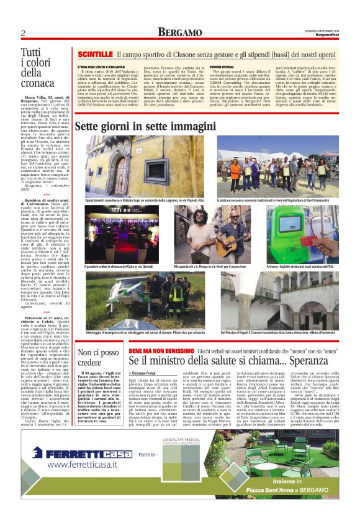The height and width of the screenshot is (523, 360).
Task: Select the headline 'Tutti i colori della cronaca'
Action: point(38,68)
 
